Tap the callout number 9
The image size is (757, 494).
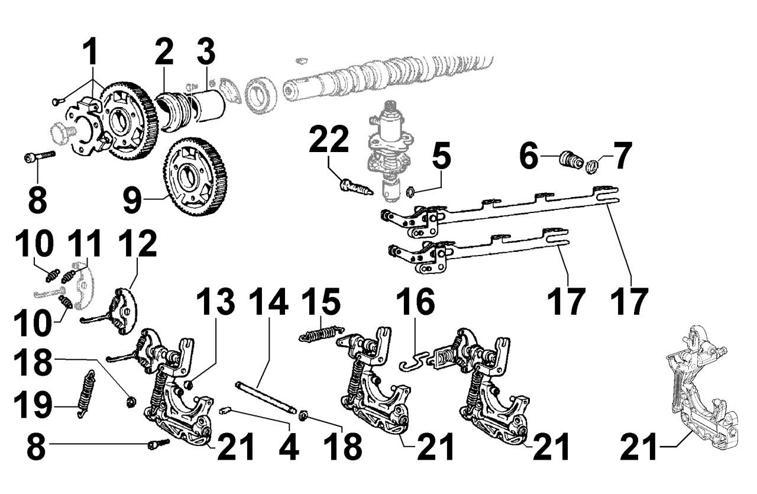(x=133, y=199)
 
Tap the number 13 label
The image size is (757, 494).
(x=215, y=303)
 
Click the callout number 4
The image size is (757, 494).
(x=290, y=448)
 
